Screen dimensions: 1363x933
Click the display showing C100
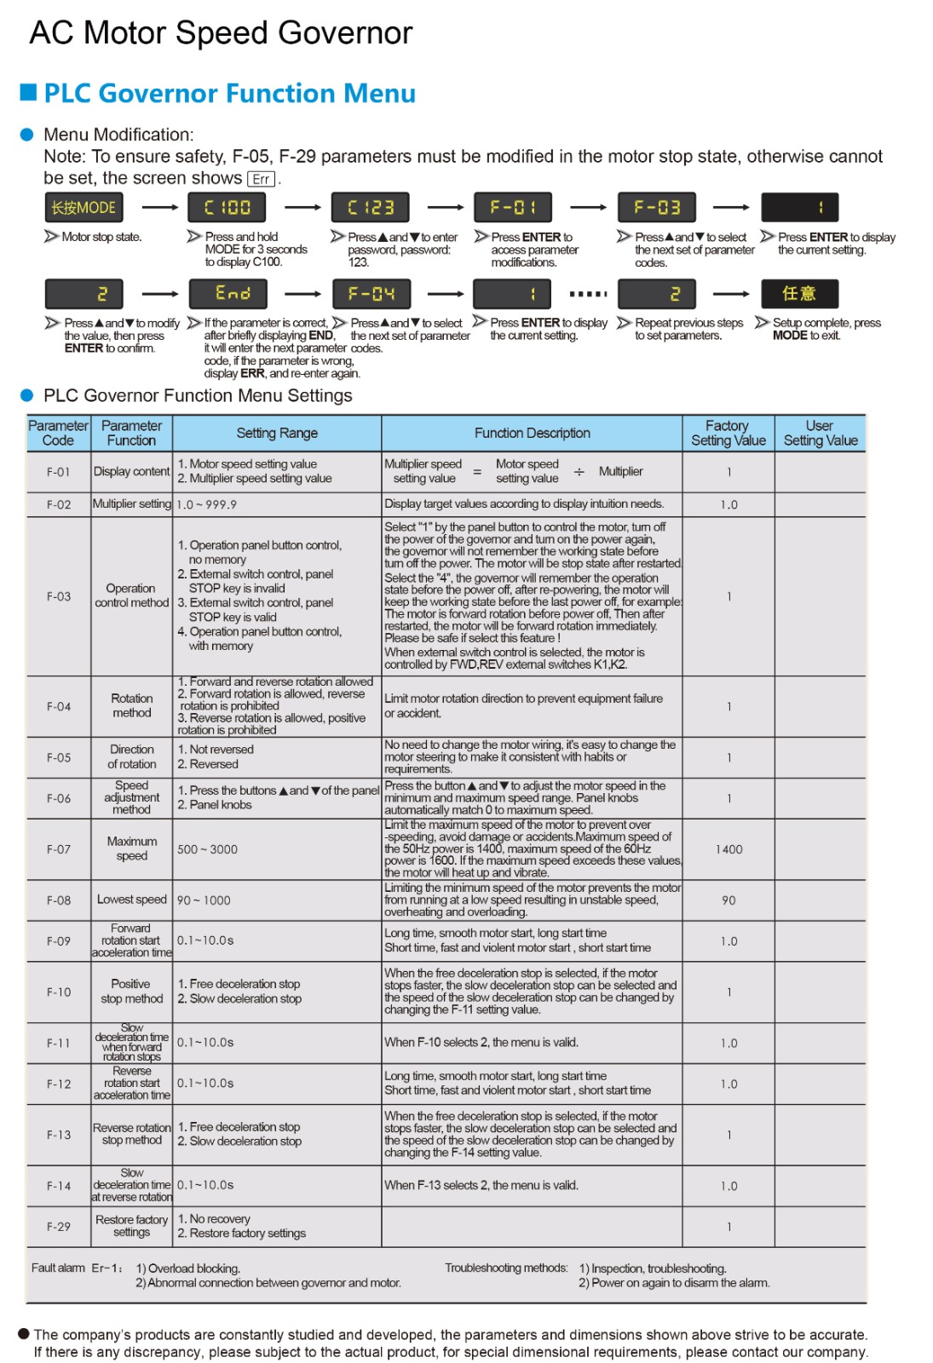pos(227,208)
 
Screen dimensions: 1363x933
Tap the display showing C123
pos(371,208)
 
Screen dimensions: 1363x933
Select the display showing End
pos(228,294)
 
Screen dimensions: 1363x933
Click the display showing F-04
pos(371,294)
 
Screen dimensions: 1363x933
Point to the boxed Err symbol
pos(262,179)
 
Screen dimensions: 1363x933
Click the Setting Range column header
pos(277,433)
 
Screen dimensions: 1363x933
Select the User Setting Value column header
pos(820,433)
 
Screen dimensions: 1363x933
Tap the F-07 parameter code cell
pos(59,849)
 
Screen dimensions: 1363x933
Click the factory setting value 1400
pos(729,849)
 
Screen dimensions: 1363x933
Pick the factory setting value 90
pos(729,900)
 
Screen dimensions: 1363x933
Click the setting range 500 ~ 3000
pos(207,849)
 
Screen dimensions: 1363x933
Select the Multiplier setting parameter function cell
pos(132,504)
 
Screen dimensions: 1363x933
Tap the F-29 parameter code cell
pos(59,1227)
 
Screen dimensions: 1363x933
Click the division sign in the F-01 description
pos(579,471)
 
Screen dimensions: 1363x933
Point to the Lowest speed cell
pos(132,900)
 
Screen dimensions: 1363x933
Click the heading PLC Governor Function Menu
pos(229,93)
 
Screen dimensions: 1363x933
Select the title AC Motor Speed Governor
pos(221,32)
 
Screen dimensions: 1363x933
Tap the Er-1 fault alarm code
pos(107,1268)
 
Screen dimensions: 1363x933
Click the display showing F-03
pos(657,208)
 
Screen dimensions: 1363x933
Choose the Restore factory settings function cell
pos(132,1226)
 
